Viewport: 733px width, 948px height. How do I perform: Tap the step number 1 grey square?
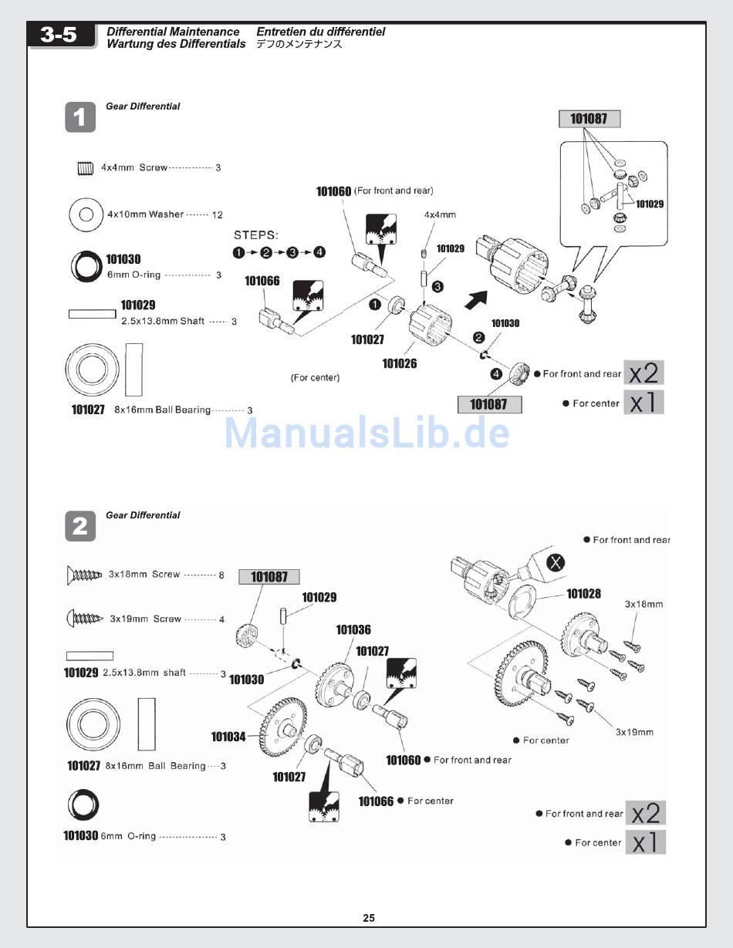coord(80,117)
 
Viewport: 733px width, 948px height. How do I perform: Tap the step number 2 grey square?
coord(80,526)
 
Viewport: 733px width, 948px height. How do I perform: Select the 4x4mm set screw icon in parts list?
coord(85,167)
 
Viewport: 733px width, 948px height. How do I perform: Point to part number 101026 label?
coord(400,363)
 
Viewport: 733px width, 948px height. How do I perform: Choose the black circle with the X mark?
coord(555,562)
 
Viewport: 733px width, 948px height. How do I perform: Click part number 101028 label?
coord(583,593)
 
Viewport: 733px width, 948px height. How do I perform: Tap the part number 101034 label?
coord(228,737)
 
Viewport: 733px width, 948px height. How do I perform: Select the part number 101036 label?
coord(353,630)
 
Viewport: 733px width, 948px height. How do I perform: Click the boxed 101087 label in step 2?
coord(269,576)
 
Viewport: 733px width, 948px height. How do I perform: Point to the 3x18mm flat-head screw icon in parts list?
coord(85,574)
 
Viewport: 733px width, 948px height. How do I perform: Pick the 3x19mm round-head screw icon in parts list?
coord(86,619)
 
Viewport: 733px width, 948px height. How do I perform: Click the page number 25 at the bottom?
coord(369,918)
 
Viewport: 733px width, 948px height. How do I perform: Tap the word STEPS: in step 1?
coord(255,234)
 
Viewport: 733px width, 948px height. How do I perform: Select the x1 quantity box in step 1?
coord(643,403)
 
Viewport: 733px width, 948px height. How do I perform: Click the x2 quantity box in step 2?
coord(645,813)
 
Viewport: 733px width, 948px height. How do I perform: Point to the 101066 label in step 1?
coord(262,281)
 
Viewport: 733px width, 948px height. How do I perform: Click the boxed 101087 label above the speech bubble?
coord(589,118)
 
